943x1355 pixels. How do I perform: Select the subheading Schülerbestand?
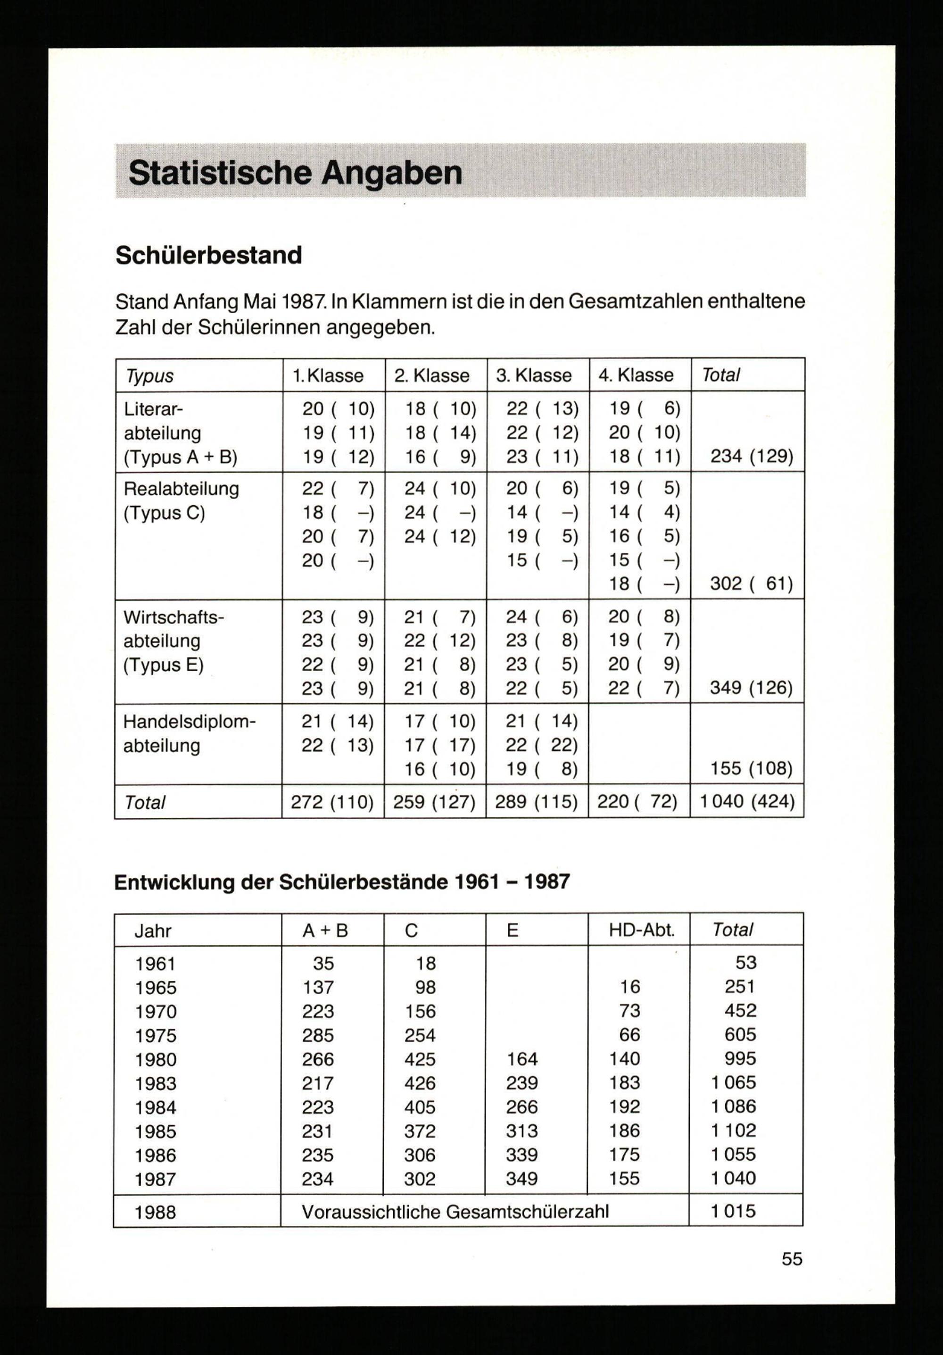click(x=208, y=255)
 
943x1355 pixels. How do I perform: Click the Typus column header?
click(x=149, y=376)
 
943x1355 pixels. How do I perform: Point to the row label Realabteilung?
click(x=181, y=489)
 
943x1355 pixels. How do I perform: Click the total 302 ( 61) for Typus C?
click(x=751, y=584)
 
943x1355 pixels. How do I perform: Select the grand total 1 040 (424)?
click(x=747, y=801)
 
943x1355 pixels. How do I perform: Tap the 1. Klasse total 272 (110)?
click(x=332, y=801)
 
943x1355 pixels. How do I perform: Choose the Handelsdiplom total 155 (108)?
click(x=751, y=768)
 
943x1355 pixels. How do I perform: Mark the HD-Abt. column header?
click(x=641, y=931)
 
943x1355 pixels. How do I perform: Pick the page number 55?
click(x=792, y=1259)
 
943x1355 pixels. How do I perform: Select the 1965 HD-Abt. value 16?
click(x=629, y=987)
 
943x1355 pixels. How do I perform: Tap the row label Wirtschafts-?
click(x=174, y=617)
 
